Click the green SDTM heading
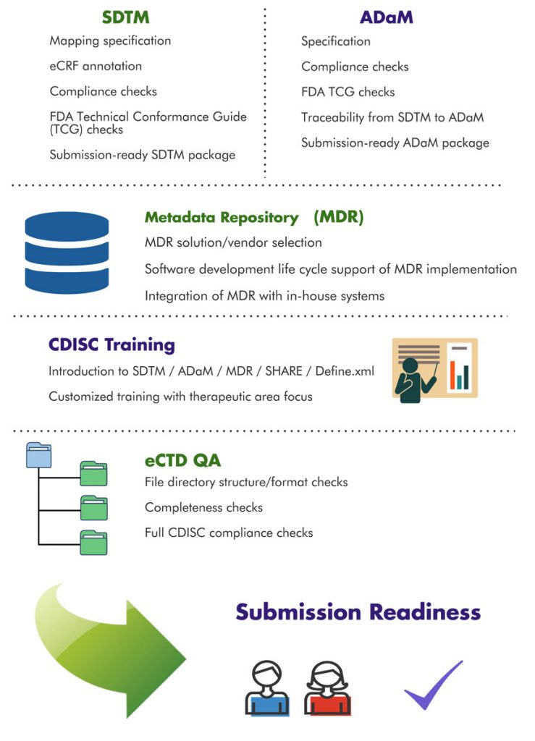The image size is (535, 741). pos(126,17)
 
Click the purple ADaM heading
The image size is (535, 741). pos(386,17)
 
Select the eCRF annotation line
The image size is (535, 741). pos(96,66)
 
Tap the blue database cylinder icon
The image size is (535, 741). pos(67,253)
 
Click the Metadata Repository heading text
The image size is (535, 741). pos(222,217)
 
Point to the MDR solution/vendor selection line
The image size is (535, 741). pos(233,242)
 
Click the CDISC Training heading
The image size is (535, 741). pos(111,344)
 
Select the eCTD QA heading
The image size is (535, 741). pos(182,460)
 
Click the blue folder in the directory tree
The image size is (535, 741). pos(39,455)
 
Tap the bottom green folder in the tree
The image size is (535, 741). pos(93,543)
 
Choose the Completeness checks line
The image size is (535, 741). pos(203,507)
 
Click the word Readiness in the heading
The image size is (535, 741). pos(425,611)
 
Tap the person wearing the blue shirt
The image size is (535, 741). pos(267,687)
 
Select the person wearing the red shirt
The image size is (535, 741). pos(327,687)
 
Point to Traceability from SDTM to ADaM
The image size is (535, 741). pos(392,117)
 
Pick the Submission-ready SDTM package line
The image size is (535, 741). pos(143,155)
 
